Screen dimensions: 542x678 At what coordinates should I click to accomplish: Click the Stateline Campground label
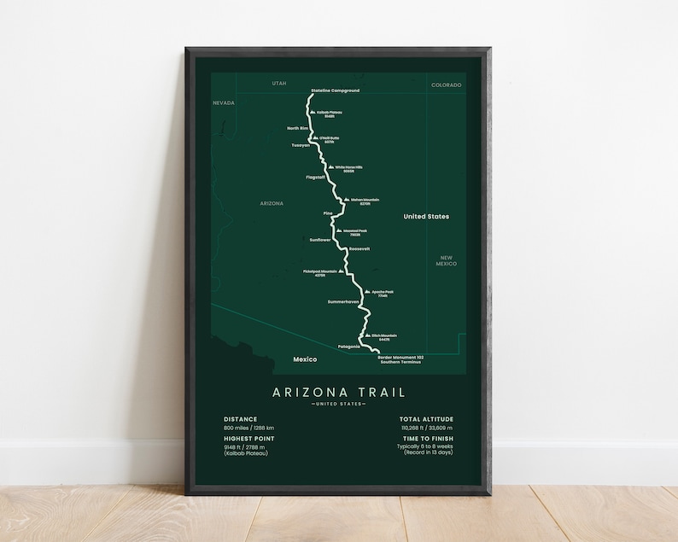(335, 90)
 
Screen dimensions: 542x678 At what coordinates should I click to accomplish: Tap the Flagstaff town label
(316, 177)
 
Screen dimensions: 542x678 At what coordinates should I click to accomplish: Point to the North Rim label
(297, 128)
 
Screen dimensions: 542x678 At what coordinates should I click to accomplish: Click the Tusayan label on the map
(301, 145)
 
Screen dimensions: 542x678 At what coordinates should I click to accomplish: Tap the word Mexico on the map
(304, 359)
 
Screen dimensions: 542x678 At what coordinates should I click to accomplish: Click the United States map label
(426, 217)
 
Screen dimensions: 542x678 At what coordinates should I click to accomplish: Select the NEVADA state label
(223, 102)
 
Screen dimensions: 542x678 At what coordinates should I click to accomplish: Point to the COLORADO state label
(446, 85)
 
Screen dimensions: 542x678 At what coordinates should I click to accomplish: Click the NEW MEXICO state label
(447, 260)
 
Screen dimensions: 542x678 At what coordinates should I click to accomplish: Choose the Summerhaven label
(343, 302)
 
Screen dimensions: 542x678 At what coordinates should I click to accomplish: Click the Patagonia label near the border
(350, 347)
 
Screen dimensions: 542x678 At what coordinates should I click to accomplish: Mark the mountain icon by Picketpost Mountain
(342, 271)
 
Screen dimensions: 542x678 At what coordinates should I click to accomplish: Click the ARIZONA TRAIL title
(339, 393)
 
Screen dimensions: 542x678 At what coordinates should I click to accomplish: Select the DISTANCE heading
(240, 419)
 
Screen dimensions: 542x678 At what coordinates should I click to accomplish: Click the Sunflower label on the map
(319, 240)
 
